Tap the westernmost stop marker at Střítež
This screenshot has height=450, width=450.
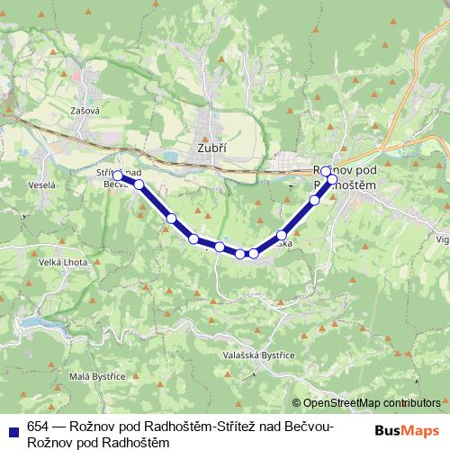click(x=118, y=176)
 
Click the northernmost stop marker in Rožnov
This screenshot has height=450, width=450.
click(x=326, y=170)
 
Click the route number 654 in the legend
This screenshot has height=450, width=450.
click(x=39, y=427)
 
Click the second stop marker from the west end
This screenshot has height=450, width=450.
click(x=139, y=184)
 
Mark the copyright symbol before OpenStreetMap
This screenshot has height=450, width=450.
click(x=297, y=403)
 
